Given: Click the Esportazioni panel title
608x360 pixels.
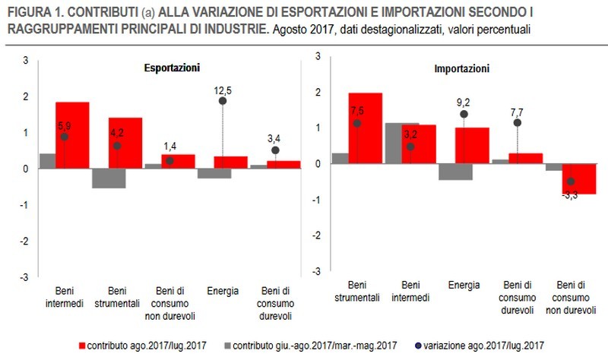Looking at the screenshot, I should tap(172, 68).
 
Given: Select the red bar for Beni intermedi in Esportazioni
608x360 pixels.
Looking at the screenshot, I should tap(73, 134).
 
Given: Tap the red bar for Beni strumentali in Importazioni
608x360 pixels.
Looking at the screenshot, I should tap(365, 128).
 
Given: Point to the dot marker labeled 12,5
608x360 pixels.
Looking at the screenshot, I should tap(223, 101).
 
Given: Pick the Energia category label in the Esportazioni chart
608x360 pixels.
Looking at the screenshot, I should tap(223, 291).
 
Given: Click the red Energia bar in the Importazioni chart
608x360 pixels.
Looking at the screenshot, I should tap(472, 145).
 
